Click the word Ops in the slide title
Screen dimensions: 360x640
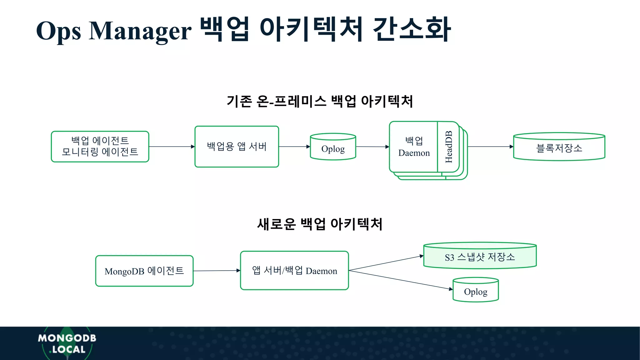pyautogui.click(x=58, y=31)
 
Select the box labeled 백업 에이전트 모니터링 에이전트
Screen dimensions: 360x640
pyautogui.click(x=100, y=147)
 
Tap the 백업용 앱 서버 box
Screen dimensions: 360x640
pyautogui.click(x=237, y=147)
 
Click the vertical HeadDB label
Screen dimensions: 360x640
pyautogui.click(x=448, y=147)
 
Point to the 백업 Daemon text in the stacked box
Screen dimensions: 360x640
pyautogui.click(x=414, y=147)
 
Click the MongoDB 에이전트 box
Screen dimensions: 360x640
pyautogui.click(x=144, y=271)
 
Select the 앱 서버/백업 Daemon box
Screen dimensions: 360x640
pyautogui.click(x=294, y=271)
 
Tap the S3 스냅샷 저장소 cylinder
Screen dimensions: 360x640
pyautogui.click(x=480, y=256)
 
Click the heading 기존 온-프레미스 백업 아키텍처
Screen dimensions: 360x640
pyautogui.click(x=320, y=101)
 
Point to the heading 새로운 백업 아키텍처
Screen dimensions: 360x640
pyautogui.click(x=320, y=224)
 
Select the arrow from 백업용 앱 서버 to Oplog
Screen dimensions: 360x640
pyautogui.click(x=294, y=147)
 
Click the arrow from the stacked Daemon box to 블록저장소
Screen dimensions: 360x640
pyautogui.click(x=490, y=147)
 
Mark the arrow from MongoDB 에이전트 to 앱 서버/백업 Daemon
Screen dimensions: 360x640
pyautogui.click(x=217, y=271)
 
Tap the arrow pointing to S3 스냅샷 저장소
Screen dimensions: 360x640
pyautogui.click(x=386, y=263)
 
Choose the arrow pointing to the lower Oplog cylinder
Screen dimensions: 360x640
pyautogui.click(x=401, y=280)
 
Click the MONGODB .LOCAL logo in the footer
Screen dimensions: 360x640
pyautogui.click(x=67, y=343)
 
